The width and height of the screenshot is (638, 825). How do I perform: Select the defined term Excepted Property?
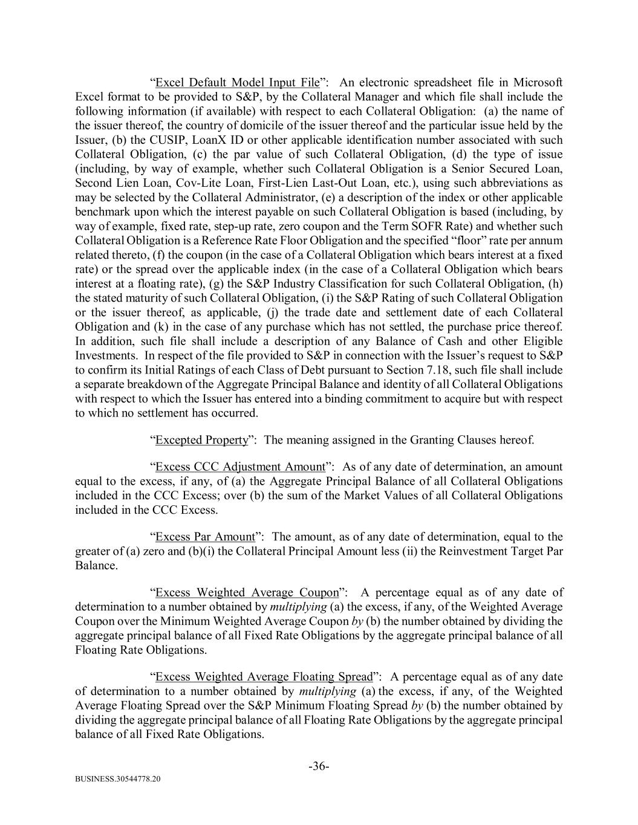click(202, 440)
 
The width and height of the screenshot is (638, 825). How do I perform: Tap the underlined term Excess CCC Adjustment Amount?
click(240, 467)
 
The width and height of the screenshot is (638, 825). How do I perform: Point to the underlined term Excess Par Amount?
click(205, 537)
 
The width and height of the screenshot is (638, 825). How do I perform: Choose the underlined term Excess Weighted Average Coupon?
click(246, 593)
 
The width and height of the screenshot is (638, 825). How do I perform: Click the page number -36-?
click(319, 767)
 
